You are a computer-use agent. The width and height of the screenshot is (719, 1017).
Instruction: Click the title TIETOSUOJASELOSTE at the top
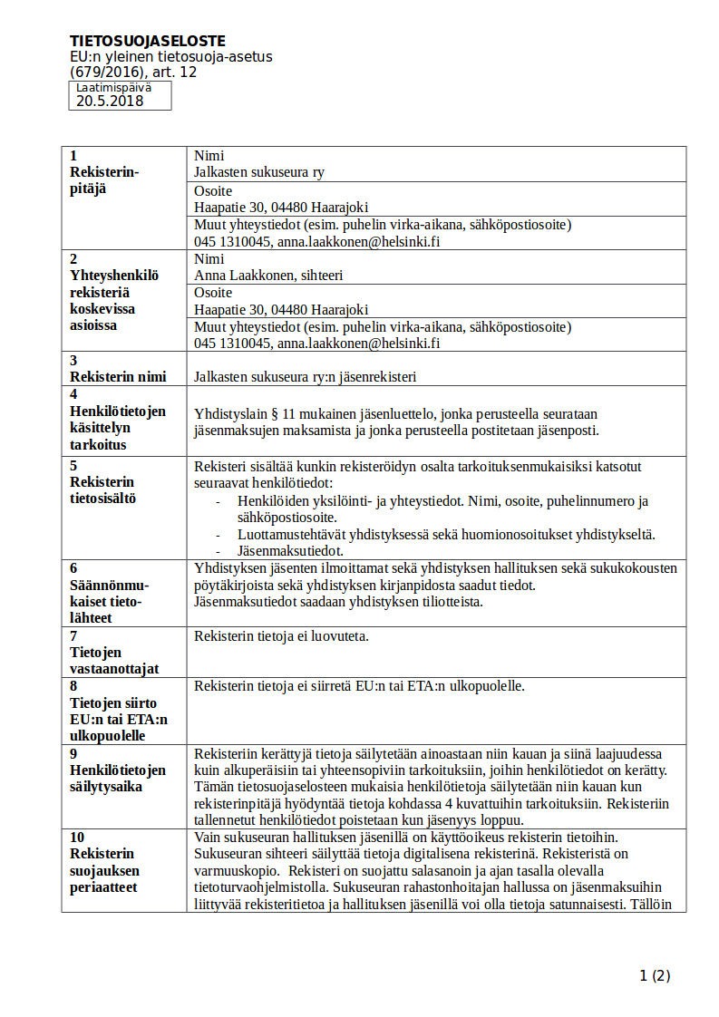pyautogui.click(x=148, y=41)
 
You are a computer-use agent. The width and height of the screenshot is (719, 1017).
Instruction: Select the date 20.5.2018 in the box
pyautogui.click(x=110, y=102)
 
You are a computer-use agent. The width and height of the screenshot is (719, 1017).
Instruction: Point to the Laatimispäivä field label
pyautogui.click(x=113, y=88)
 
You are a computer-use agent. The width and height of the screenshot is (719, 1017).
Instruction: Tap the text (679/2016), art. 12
pyautogui.click(x=133, y=72)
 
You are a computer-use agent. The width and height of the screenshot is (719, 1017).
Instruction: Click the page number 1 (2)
pyautogui.click(x=655, y=976)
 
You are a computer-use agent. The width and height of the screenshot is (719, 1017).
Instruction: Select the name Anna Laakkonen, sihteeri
pyautogui.click(x=268, y=276)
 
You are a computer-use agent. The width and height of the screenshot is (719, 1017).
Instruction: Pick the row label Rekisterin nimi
pyautogui.click(x=114, y=377)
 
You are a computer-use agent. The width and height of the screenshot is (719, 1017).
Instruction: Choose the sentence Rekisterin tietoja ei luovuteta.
pyautogui.click(x=281, y=636)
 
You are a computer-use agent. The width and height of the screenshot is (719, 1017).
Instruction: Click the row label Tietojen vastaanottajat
pyautogui.click(x=114, y=661)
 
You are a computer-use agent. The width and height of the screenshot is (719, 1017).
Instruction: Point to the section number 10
pyautogui.click(x=77, y=837)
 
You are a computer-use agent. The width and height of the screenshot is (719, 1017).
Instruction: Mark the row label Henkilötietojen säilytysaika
pyautogui.click(x=118, y=779)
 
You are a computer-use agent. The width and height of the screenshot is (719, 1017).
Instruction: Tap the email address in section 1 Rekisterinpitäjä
pyautogui.click(x=358, y=242)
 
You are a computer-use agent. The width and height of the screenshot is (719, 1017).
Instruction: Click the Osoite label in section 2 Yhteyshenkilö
pyautogui.click(x=213, y=293)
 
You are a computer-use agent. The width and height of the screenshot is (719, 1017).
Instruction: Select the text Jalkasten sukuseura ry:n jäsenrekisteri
pyautogui.click(x=305, y=377)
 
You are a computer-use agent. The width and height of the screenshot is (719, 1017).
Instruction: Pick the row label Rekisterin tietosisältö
pyautogui.click(x=102, y=490)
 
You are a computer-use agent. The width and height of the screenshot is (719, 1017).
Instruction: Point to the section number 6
pyautogui.click(x=73, y=568)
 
